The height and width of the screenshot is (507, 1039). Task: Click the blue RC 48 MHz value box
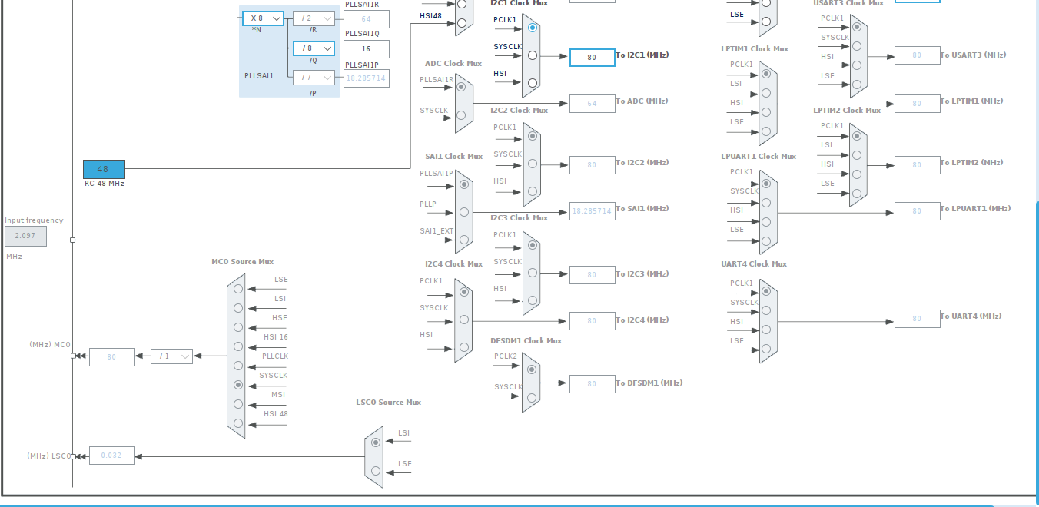tap(104, 169)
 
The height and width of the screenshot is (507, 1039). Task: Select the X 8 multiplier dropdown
tap(263, 18)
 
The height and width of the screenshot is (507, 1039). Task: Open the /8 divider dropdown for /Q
tap(314, 48)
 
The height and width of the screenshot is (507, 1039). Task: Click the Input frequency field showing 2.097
tap(25, 236)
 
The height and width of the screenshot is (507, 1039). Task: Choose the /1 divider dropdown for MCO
tap(171, 356)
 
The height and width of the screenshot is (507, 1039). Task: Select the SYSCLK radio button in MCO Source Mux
tap(238, 385)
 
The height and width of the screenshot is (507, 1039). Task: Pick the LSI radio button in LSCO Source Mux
tap(376, 442)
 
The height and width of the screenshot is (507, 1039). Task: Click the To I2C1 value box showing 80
tap(592, 58)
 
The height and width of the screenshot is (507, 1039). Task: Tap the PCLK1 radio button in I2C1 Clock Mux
tap(533, 27)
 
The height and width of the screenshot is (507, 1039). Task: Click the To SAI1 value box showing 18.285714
tap(592, 211)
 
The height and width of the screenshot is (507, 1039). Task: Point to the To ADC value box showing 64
tap(592, 104)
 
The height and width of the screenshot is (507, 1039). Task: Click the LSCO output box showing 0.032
tap(111, 456)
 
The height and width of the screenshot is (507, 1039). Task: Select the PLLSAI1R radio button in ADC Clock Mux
tap(461, 87)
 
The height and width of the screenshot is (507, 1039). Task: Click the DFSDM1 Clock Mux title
tap(526, 341)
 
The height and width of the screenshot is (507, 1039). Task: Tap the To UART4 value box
tap(917, 319)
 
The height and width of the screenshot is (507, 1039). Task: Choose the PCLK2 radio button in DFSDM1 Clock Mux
tap(532, 369)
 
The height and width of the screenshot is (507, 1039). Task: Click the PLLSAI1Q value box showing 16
tap(367, 49)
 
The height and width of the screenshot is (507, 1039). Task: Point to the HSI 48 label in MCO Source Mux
tap(275, 414)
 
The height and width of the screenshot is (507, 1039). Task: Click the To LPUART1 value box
tap(917, 211)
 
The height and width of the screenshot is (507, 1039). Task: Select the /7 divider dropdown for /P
tap(314, 78)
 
